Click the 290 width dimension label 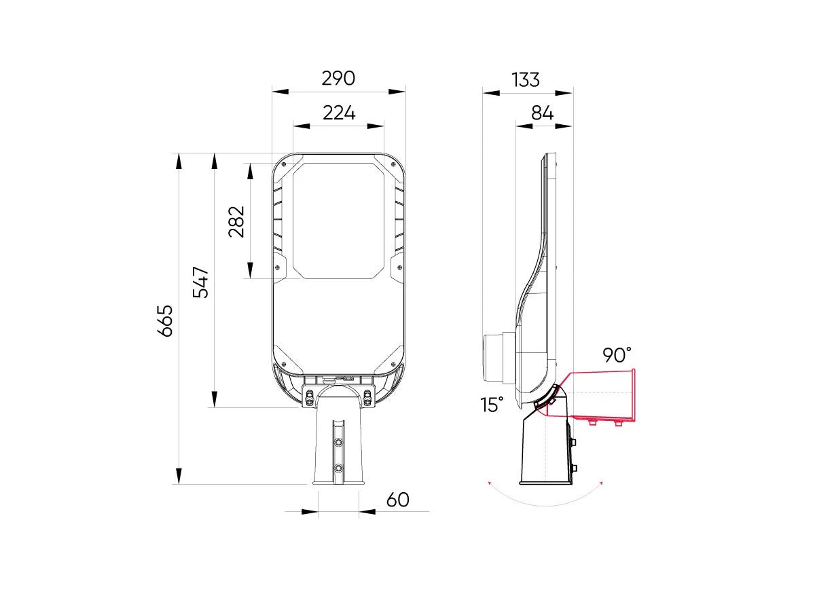click(x=338, y=79)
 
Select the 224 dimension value click(x=338, y=113)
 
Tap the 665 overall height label click(x=165, y=320)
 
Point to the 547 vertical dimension click(x=201, y=282)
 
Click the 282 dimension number click(x=236, y=221)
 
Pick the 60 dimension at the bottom click(x=397, y=500)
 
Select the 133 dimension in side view click(x=526, y=80)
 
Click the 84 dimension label click(x=542, y=113)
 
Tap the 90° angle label click(x=616, y=354)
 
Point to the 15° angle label click(x=492, y=405)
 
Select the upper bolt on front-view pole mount click(x=338, y=442)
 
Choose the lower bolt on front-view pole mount click(x=338, y=468)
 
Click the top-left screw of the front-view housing click(x=284, y=163)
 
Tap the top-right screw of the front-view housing click(x=393, y=163)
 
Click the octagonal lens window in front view click(x=338, y=221)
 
